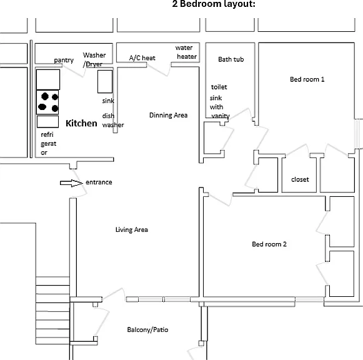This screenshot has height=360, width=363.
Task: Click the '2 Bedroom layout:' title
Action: click(x=214, y=4)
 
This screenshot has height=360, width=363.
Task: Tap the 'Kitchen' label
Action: click(x=81, y=123)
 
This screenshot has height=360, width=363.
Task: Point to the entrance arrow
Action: click(x=71, y=183)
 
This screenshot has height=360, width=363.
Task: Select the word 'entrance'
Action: click(x=99, y=182)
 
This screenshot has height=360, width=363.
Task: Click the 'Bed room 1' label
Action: click(x=307, y=79)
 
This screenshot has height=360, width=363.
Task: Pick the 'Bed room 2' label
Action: click(x=269, y=244)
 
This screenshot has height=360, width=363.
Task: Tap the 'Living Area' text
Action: click(x=132, y=229)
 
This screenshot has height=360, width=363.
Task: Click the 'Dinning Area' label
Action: click(x=168, y=115)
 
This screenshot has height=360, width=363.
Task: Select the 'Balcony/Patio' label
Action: click(x=147, y=329)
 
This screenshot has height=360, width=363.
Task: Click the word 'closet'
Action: click(x=300, y=179)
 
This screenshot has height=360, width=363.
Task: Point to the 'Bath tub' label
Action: click(x=231, y=59)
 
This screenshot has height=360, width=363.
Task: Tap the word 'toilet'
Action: click(x=219, y=87)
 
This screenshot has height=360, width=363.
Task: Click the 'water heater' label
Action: click(x=186, y=52)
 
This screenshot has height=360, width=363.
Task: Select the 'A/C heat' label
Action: click(x=142, y=58)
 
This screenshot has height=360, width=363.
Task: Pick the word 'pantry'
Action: click(x=64, y=61)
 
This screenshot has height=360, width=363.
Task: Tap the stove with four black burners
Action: click(x=47, y=102)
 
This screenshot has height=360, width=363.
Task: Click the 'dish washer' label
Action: click(x=113, y=120)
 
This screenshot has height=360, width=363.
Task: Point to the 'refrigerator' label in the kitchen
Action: click(x=48, y=144)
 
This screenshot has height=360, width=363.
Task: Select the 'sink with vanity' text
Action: click(x=220, y=107)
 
